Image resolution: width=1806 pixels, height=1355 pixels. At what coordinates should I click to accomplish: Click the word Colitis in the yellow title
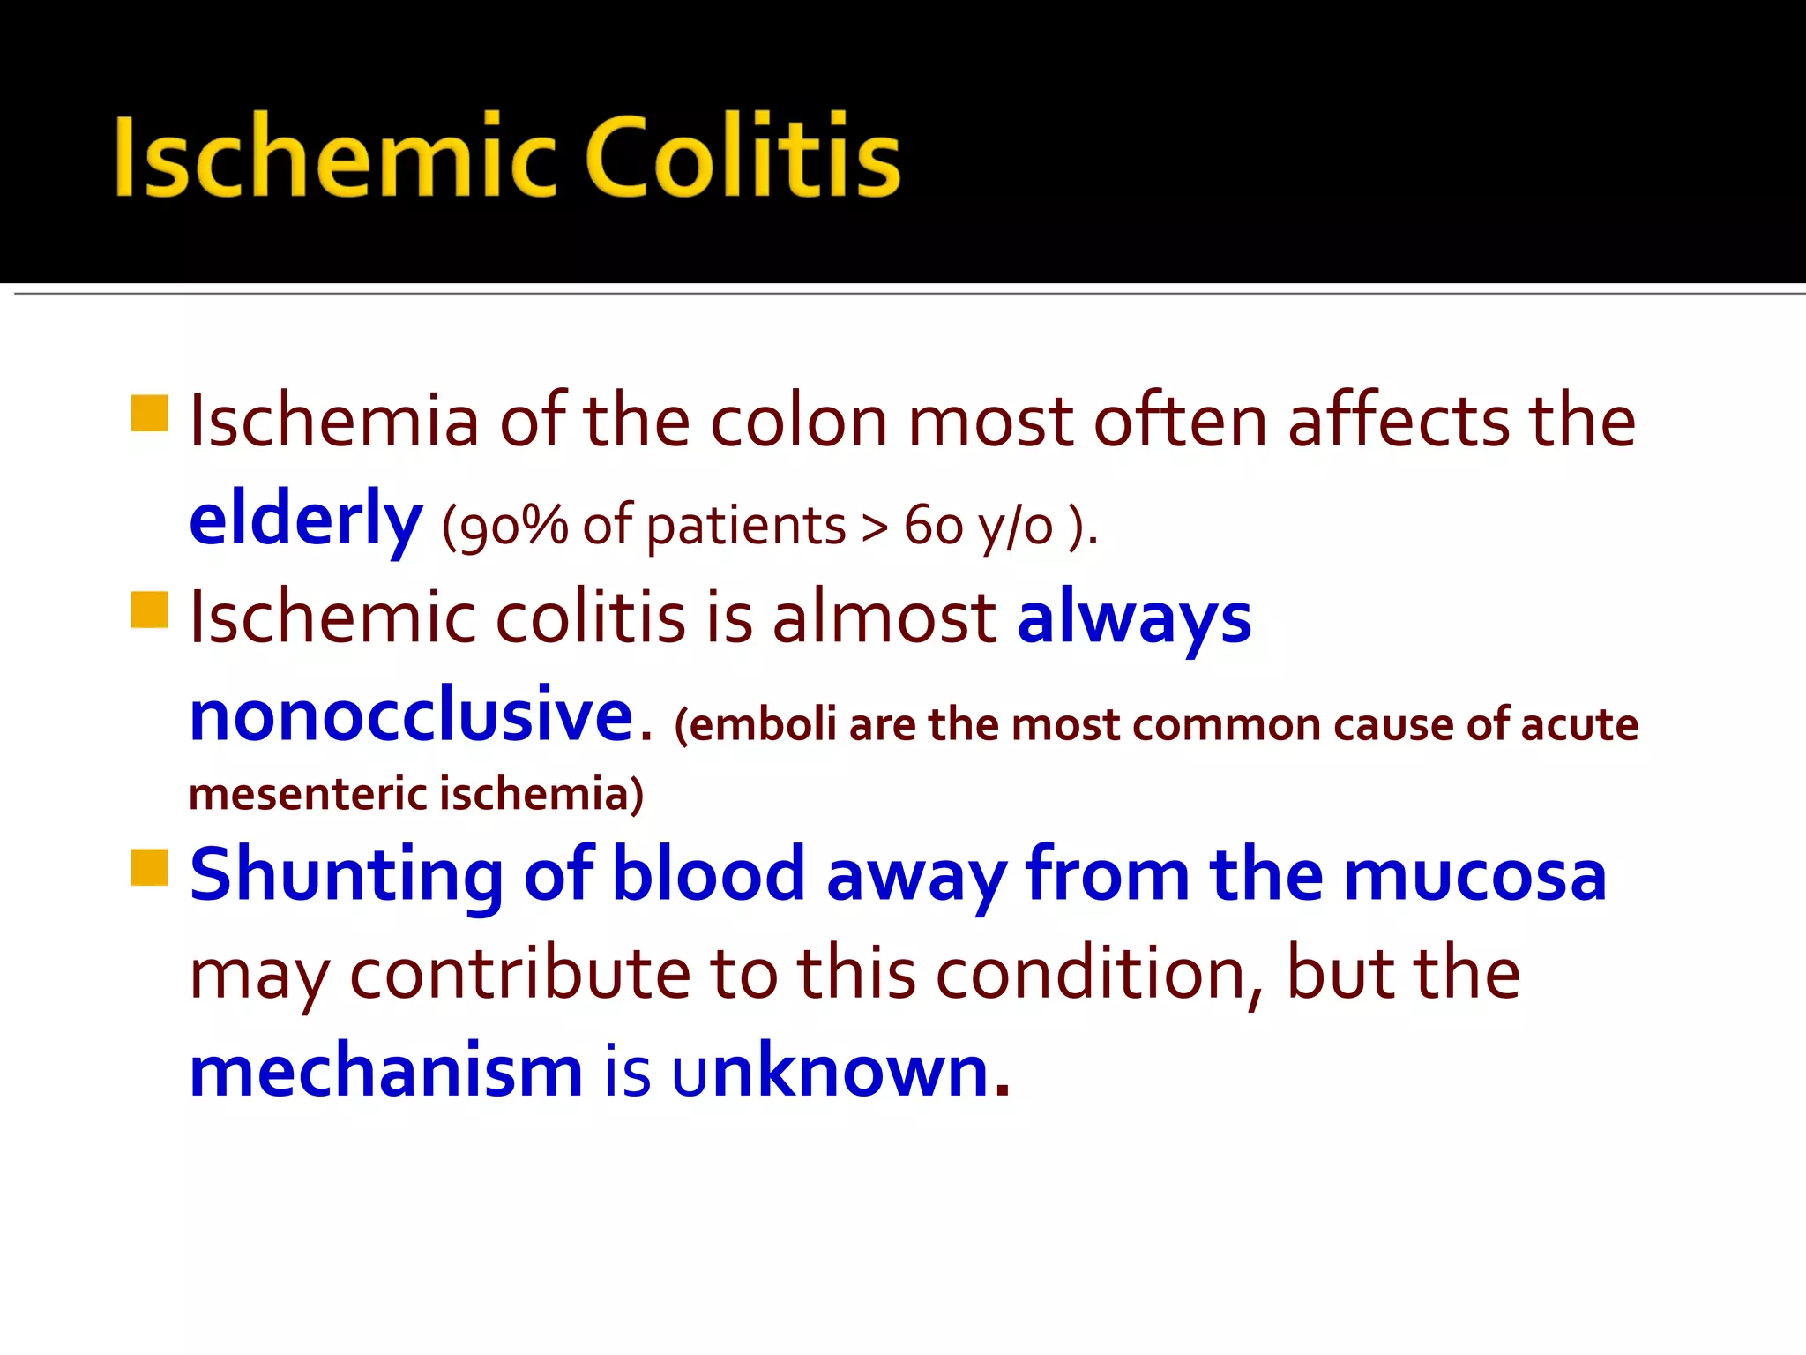pos(743,157)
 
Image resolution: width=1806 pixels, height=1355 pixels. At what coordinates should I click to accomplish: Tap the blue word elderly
pos(305,520)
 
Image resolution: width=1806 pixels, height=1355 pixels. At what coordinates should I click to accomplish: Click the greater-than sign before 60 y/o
pos(874,528)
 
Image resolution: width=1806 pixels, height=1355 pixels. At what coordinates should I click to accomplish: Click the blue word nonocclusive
pos(412,715)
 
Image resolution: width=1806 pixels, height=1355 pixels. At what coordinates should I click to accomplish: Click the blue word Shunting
pos(347,875)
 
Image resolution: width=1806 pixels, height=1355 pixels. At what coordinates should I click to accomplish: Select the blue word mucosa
pos(1474,875)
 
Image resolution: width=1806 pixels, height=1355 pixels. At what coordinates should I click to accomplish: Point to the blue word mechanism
pos(386,1071)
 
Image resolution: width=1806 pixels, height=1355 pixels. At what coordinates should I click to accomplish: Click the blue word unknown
pos(840,1071)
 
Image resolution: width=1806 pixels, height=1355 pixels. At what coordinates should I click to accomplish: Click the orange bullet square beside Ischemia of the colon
pos(149,414)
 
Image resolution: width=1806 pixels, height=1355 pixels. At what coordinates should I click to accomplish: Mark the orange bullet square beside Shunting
pos(149,867)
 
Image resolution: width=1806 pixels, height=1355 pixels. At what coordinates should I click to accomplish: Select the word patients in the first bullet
pos(746,528)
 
